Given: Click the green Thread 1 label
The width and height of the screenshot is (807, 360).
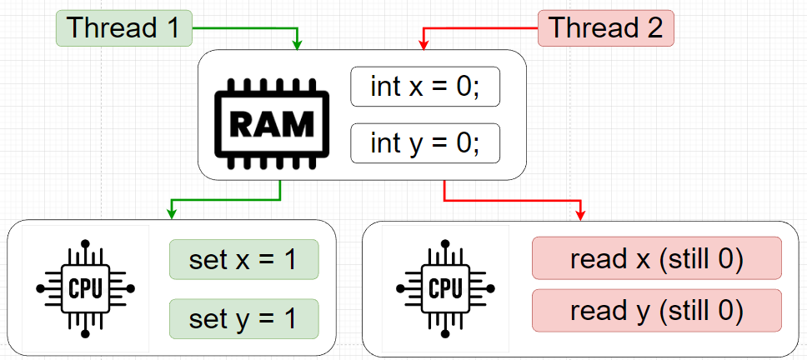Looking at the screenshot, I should click(x=123, y=28).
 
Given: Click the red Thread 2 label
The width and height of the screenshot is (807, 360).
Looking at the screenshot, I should click(x=606, y=28).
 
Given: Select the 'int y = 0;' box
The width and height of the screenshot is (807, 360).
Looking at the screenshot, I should click(x=424, y=144).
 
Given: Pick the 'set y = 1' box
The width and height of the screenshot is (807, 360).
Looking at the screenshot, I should click(x=243, y=317).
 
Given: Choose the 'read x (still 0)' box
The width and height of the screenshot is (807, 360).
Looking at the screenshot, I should click(x=656, y=258).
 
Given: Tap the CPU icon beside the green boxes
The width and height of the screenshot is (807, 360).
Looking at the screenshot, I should click(x=85, y=288).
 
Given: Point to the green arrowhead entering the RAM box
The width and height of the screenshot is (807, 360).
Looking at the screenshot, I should click(x=298, y=45).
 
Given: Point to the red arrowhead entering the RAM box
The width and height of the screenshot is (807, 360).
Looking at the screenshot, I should click(x=424, y=45).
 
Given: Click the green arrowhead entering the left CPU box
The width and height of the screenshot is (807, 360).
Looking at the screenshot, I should click(x=171, y=215).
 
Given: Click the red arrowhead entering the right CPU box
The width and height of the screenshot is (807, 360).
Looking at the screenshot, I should click(x=579, y=215).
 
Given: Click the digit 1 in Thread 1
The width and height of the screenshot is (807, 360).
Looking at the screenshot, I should click(x=171, y=28).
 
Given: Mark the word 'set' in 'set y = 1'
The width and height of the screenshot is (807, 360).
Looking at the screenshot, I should click(x=208, y=317).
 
